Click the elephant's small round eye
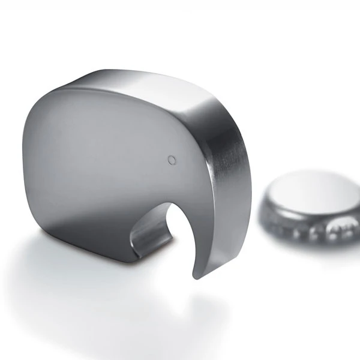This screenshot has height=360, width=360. click(x=172, y=159)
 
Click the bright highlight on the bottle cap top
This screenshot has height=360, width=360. click(x=324, y=186)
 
